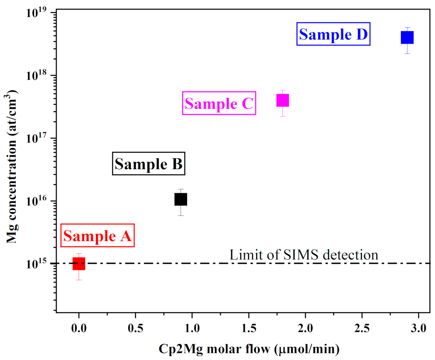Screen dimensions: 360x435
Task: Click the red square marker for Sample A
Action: tap(79, 264)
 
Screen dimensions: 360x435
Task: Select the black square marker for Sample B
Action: tap(181, 199)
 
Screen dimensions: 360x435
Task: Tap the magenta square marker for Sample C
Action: tap(283, 100)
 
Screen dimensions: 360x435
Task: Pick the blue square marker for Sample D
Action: tap(407, 37)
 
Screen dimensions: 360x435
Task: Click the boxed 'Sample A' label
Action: tap(97, 236)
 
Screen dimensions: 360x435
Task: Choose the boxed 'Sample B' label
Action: tap(149, 164)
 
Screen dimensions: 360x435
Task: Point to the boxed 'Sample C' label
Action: tap(219, 103)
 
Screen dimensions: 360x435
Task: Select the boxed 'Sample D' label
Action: tap(333, 34)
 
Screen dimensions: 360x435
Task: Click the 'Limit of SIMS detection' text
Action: tap(304, 255)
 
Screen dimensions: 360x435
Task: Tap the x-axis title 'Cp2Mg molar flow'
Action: tap(249, 349)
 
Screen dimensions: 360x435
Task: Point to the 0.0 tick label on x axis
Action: tap(79, 328)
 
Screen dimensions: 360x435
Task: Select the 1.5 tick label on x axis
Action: tap(249, 328)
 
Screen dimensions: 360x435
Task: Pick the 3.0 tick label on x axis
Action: tap(419, 328)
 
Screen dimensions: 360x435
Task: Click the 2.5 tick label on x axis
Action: tap(362, 328)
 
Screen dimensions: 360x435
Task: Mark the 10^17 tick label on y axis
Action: tap(37, 138)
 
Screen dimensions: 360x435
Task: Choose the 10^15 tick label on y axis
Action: tap(37, 264)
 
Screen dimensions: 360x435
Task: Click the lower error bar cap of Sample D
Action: tap(407, 54)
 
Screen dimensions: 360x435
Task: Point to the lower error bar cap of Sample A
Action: tap(79, 280)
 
